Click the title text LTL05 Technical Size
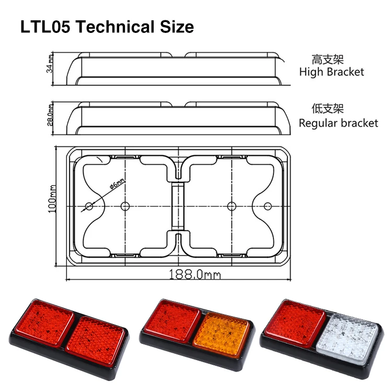coord(107,27)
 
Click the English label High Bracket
coord(331,72)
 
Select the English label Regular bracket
coord(338,123)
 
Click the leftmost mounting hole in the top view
coord(89,206)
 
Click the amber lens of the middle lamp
coord(221,332)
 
